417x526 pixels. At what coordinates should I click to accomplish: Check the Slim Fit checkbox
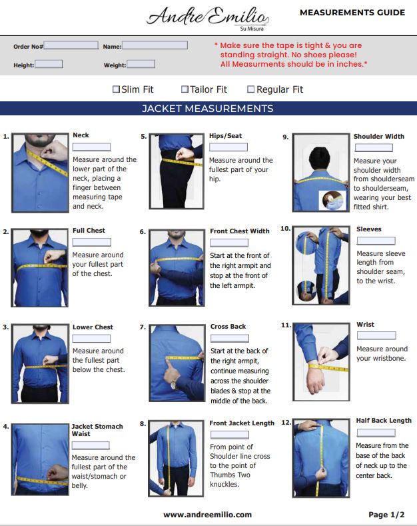(116, 89)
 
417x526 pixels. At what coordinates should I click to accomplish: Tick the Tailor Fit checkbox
(185, 89)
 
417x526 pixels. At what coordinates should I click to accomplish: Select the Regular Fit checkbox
(250, 89)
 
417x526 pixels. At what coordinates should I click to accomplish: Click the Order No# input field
(71, 45)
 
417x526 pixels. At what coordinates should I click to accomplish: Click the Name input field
(155, 45)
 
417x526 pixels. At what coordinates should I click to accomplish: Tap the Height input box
(49, 64)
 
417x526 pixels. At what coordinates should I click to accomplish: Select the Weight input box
(141, 64)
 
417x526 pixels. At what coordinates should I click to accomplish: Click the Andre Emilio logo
(208, 17)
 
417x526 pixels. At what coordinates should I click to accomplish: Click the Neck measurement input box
(91, 147)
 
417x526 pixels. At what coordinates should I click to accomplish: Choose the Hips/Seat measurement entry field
(228, 147)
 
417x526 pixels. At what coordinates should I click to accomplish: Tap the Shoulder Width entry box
(374, 147)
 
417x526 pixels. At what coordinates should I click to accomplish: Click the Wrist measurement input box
(376, 335)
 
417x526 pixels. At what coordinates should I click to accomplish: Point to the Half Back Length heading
(384, 421)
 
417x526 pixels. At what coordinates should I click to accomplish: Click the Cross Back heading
(228, 327)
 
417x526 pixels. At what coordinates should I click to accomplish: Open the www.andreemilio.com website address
(207, 515)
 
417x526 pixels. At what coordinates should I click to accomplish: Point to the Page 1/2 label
(386, 515)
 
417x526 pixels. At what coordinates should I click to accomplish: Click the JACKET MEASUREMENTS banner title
(207, 109)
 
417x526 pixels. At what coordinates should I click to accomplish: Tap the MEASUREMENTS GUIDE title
(352, 13)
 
